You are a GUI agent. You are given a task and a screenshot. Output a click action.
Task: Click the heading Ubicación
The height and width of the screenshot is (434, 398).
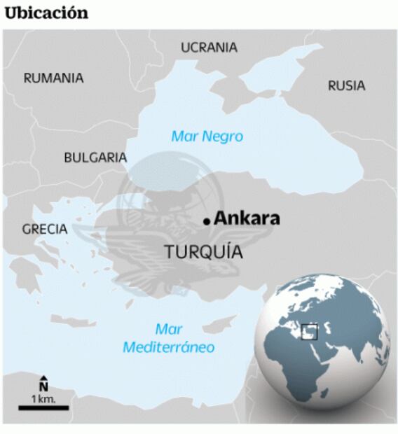pos(46,13)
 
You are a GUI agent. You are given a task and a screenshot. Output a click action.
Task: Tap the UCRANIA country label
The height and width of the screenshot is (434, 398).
pos(209,48)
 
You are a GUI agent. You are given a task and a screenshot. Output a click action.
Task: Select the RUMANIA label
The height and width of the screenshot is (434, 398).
pos(53,78)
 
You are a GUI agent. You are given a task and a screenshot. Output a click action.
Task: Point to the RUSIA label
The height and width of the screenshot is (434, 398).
pos(346,85)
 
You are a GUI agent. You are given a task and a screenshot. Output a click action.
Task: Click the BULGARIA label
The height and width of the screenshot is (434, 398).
pos(95,157)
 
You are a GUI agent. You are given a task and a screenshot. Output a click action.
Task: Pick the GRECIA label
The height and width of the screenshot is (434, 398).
pos(44,229)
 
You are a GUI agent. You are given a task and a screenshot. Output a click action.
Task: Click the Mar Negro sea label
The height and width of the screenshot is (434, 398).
pos(207,136)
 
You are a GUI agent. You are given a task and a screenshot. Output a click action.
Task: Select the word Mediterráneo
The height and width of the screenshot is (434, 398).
pos(168,347)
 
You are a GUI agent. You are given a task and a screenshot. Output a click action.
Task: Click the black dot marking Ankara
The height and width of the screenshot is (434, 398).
pos(207,221)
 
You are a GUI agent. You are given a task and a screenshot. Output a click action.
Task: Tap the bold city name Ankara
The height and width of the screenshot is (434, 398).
pos(247,218)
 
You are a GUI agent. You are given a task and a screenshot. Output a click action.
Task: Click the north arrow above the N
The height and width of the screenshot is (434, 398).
pos(43,378)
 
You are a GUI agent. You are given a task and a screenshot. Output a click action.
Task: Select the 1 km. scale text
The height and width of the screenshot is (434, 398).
pos(43,398)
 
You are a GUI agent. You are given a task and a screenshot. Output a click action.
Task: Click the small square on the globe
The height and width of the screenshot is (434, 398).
pos(309,331)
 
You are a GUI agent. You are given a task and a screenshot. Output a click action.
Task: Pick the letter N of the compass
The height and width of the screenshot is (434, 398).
pos(43,386)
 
